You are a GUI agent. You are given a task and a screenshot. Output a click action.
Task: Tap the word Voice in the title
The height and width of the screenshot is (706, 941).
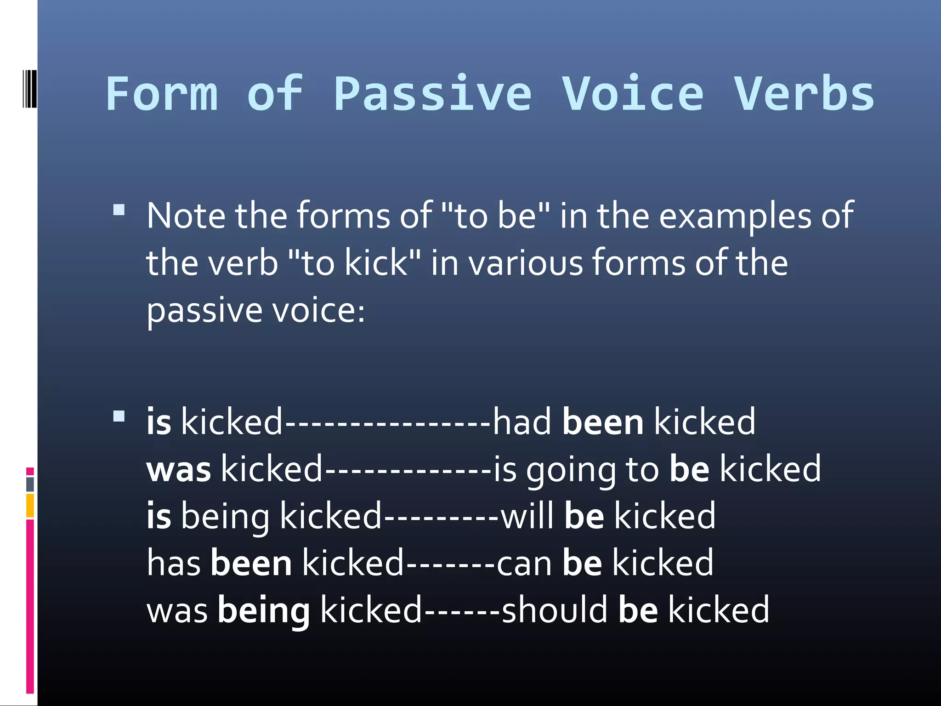click(x=633, y=94)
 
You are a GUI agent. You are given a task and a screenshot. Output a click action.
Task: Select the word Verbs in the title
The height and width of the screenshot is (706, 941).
click(x=804, y=94)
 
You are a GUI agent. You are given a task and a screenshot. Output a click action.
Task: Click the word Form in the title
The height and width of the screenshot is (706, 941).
click(x=162, y=94)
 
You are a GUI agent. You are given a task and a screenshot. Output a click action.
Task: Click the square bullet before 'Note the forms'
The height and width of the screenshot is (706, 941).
click(x=119, y=210)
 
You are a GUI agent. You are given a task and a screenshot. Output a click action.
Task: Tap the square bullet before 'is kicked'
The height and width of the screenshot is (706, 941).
click(x=119, y=416)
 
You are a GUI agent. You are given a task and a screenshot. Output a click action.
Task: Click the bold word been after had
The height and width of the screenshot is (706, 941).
click(x=602, y=422)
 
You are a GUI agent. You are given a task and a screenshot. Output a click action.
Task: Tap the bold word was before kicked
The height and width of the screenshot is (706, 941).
click(x=179, y=469)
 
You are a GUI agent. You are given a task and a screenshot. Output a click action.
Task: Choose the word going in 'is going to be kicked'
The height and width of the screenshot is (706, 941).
click(x=570, y=471)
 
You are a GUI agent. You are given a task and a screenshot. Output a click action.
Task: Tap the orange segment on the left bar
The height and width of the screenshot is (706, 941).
click(x=30, y=505)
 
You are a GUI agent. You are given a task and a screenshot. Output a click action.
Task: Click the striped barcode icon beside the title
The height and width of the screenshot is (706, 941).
click(x=29, y=88)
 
